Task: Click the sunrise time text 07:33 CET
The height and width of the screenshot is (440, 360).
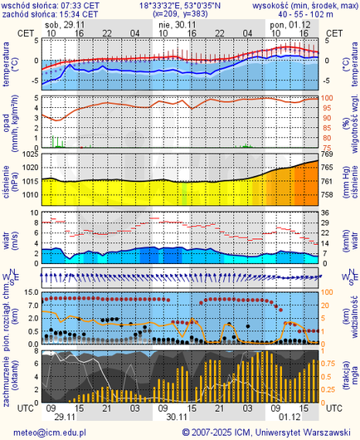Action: (x=78, y=5)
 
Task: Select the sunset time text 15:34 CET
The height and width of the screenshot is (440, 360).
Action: (x=78, y=14)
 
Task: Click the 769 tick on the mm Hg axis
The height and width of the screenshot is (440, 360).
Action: (x=328, y=154)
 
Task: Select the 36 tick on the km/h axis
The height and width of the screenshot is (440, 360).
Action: (x=327, y=212)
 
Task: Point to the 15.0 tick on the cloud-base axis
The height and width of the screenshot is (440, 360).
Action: (x=27, y=292)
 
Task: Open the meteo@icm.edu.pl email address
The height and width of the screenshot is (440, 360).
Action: (x=47, y=433)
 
